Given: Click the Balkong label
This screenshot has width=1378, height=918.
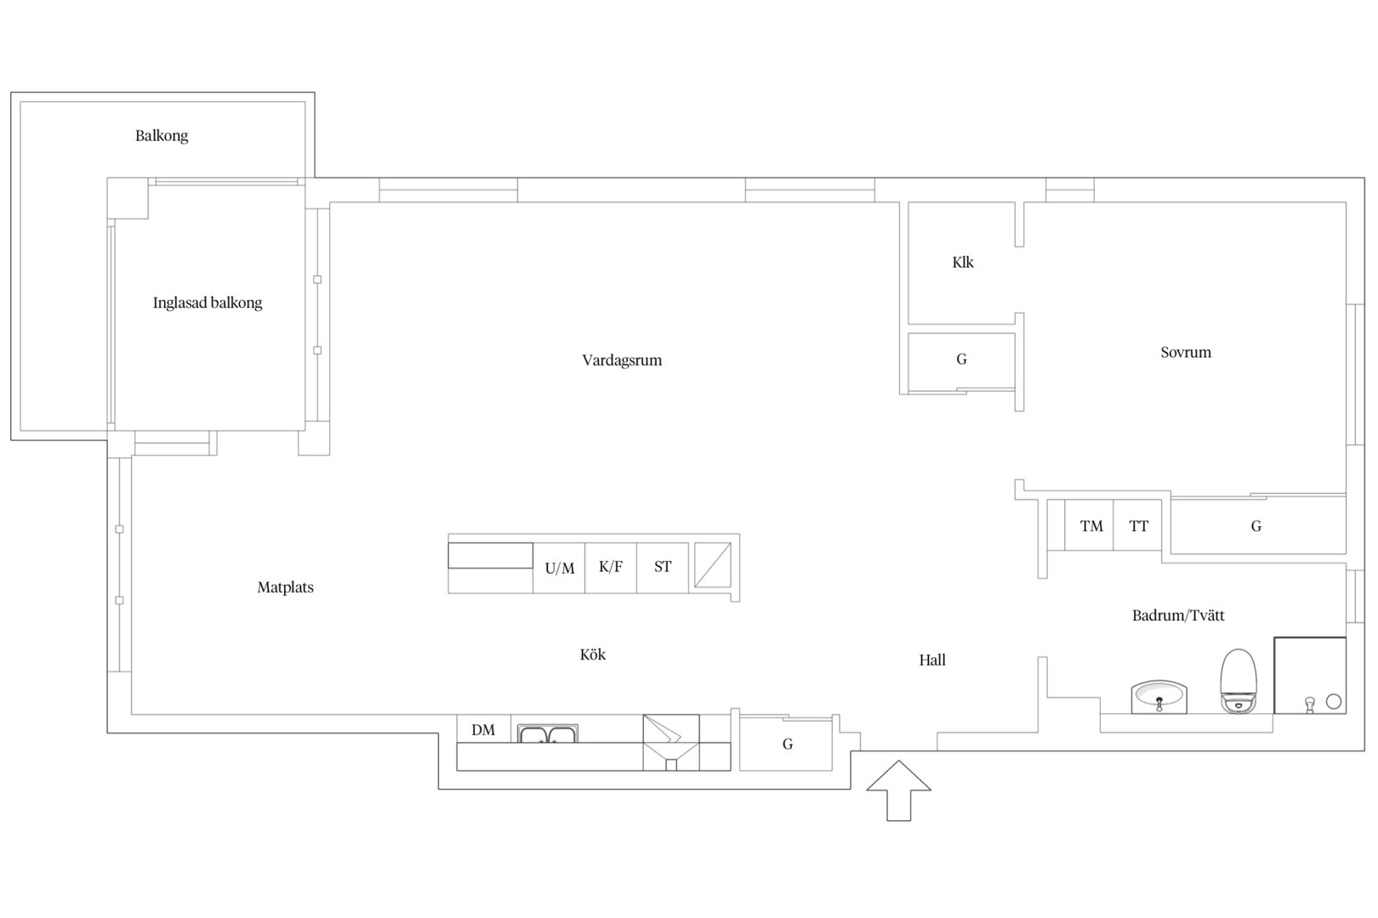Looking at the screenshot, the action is tap(162, 136).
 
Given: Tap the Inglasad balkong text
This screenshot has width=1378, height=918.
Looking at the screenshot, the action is tap(208, 303).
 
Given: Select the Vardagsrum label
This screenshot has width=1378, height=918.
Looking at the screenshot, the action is tap(622, 360).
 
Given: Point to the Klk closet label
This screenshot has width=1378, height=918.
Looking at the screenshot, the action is tap(963, 263).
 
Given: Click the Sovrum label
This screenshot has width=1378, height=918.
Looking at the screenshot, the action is tap(1186, 352).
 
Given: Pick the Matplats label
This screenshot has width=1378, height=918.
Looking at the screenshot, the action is tap(286, 588).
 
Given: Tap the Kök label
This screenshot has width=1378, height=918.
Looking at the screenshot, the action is tap(592, 654).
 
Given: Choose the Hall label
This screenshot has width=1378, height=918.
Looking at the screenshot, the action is tap(932, 660).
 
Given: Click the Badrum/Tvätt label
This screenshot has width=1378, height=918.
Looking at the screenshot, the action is tap(1178, 615).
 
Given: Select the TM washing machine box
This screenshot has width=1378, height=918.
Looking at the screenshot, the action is tap(1089, 525).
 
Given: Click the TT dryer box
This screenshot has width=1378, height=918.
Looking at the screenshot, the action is tap(1137, 525).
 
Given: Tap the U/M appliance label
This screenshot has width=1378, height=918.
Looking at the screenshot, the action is tap(559, 568).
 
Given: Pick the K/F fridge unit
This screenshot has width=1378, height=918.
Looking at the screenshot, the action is tap(610, 568).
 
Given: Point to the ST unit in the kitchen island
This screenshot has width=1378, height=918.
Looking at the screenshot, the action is tap(663, 568).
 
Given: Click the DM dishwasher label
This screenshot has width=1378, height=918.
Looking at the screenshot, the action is tap(483, 730).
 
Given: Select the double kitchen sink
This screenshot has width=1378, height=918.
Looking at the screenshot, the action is tap(548, 734).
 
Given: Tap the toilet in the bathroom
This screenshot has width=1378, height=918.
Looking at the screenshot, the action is tap(1238, 681).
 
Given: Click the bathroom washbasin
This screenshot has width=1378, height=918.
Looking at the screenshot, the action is tap(1159, 697).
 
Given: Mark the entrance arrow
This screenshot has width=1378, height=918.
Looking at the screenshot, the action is tap(899, 790).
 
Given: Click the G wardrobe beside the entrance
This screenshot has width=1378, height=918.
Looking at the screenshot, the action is tap(786, 743).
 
